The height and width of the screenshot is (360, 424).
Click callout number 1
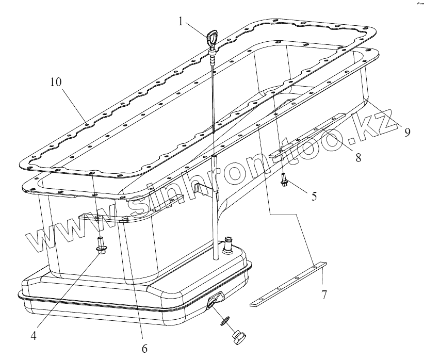(181, 22)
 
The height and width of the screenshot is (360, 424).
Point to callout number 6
(144, 349)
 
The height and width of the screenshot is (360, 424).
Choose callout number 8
(357, 157)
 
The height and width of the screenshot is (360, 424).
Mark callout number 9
(407, 132)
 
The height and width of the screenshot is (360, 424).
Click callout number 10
(57, 82)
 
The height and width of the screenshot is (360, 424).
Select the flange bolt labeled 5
(284, 182)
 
